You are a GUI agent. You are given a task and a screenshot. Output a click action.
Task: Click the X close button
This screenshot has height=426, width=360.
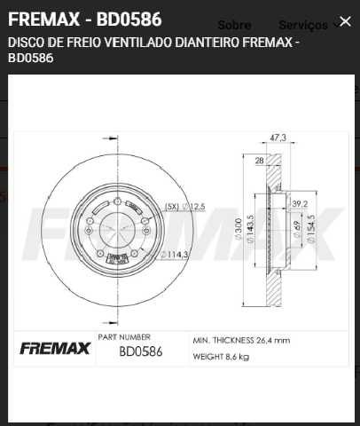[344, 20]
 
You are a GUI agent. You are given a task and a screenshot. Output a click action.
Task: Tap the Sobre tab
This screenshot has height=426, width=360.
[234, 26]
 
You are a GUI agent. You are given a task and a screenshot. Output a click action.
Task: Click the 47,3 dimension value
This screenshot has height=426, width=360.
[277, 138]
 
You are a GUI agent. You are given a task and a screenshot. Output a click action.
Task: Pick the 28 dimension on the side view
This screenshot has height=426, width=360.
[259, 161]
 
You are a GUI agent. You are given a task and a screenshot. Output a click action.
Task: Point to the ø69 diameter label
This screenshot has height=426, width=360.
[295, 233]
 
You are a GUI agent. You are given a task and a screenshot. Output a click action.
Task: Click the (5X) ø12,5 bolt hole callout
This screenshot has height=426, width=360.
[184, 206]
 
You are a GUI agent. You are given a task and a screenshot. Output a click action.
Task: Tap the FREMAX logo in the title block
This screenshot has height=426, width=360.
[55, 348]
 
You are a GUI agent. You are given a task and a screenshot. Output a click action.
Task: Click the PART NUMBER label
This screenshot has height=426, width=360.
[124, 337]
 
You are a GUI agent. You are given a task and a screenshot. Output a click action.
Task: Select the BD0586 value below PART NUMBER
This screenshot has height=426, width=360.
[141, 351]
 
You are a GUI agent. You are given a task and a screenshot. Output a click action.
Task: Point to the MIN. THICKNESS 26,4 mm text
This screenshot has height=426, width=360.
[240, 340]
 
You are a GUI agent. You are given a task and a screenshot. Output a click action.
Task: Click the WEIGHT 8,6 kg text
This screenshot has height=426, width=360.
[222, 357]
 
